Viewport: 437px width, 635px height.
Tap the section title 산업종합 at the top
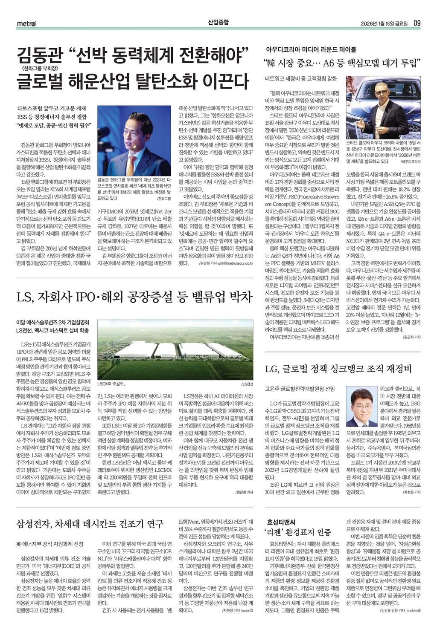pos(218,22)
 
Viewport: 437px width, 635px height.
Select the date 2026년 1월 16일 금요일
pos(384,23)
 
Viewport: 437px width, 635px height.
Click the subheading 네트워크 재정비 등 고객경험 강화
pos(301,79)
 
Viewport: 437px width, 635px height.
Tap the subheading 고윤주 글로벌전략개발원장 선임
pos(300,389)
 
